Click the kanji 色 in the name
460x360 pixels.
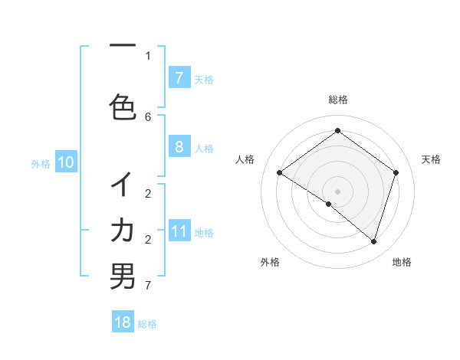point(123,107)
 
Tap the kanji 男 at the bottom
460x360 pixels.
point(123,277)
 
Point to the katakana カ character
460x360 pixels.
point(123,231)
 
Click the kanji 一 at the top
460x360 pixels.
point(123,47)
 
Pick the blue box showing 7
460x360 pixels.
point(179,77)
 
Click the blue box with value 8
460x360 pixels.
point(179,147)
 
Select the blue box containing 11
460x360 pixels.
point(179,231)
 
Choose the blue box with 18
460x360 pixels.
point(123,322)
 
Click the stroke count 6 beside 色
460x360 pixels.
point(148,116)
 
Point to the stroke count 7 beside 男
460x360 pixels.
point(148,286)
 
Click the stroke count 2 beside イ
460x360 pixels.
point(148,193)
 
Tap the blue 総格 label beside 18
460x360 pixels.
point(147,323)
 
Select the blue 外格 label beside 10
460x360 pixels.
point(41,163)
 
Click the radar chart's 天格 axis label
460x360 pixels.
point(431,159)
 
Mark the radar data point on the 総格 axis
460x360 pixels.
point(337,130)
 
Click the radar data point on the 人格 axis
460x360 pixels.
point(279,172)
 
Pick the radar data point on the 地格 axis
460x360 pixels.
point(373,241)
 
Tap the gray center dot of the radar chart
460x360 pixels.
point(337,191)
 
